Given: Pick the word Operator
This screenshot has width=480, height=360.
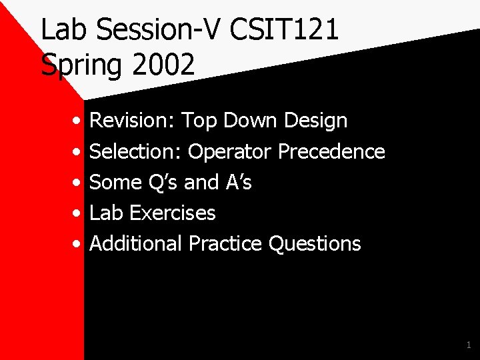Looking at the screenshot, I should tap(230, 151).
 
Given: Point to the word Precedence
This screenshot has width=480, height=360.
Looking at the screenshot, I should tap(331, 151).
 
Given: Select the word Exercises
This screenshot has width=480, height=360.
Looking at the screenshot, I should tap(173, 213).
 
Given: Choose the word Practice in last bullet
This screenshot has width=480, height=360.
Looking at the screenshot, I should tap(225, 243).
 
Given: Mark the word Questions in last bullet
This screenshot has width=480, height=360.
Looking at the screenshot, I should tap(314, 243).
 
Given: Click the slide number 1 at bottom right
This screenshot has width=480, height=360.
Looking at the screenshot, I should tap(468, 345).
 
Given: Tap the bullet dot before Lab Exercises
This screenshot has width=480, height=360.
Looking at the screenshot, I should tap(78, 214).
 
